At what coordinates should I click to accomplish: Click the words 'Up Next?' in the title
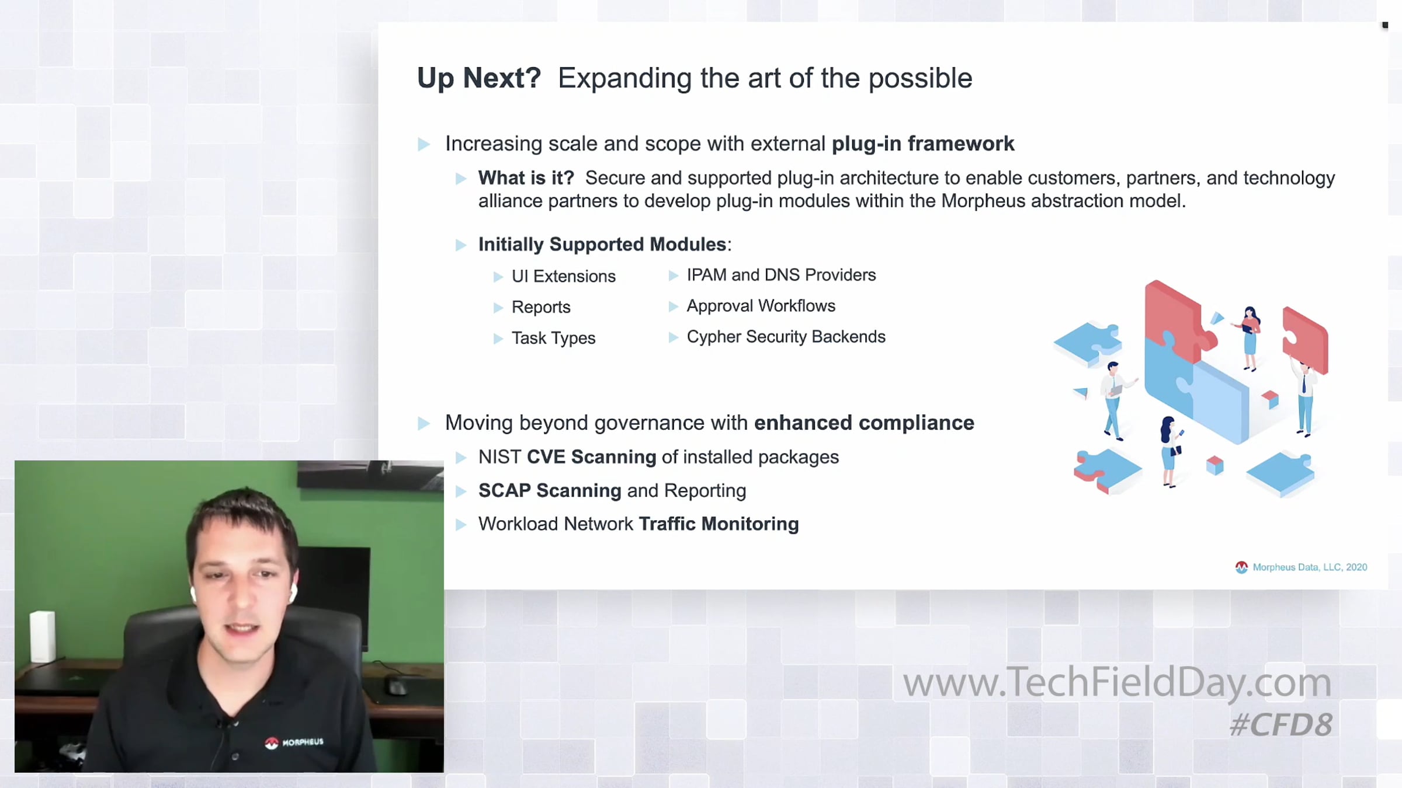click(479, 78)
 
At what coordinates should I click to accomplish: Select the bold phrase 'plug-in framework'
click(923, 144)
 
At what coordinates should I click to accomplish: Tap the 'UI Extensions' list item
click(564, 276)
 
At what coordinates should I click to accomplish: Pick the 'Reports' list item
click(541, 307)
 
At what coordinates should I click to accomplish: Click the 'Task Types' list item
click(553, 338)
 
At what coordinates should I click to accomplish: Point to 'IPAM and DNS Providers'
click(781, 275)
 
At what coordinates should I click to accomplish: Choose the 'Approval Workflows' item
click(761, 306)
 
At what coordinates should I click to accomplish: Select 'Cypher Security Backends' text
click(786, 337)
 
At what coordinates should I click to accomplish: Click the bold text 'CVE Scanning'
click(591, 457)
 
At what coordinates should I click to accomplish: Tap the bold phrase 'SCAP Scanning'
click(550, 490)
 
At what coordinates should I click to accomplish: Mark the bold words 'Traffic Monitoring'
click(719, 524)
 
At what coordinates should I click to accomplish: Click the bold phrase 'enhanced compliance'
click(864, 423)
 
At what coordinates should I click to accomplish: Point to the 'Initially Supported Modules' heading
click(602, 244)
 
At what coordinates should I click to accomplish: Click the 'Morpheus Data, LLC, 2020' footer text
click(1310, 567)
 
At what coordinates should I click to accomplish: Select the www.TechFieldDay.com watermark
click(1117, 682)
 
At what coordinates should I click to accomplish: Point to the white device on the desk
click(42, 636)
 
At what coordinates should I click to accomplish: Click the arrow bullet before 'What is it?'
click(461, 179)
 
